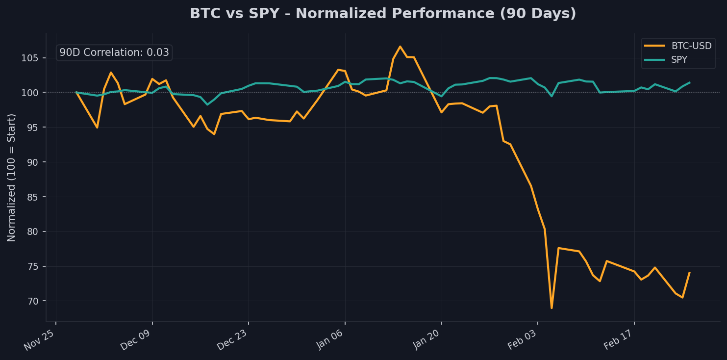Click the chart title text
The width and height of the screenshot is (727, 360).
click(x=383, y=14)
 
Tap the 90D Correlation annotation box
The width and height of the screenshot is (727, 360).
click(x=114, y=52)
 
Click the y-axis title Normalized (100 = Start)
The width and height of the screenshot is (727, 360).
click(x=11, y=177)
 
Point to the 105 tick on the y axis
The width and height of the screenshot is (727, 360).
click(x=36, y=58)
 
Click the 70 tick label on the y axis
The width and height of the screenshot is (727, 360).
click(x=38, y=301)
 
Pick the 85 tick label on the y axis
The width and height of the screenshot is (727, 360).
click(x=38, y=197)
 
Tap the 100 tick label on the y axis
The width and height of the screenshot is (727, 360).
click(x=36, y=93)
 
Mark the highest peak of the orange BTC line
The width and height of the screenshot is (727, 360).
click(x=400, y=47)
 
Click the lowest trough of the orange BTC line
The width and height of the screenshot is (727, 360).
click(x=552, y=308)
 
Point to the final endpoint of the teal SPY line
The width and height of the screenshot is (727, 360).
click(x=689, y=82)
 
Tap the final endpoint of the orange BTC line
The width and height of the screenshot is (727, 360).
click(x=689, y=273)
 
